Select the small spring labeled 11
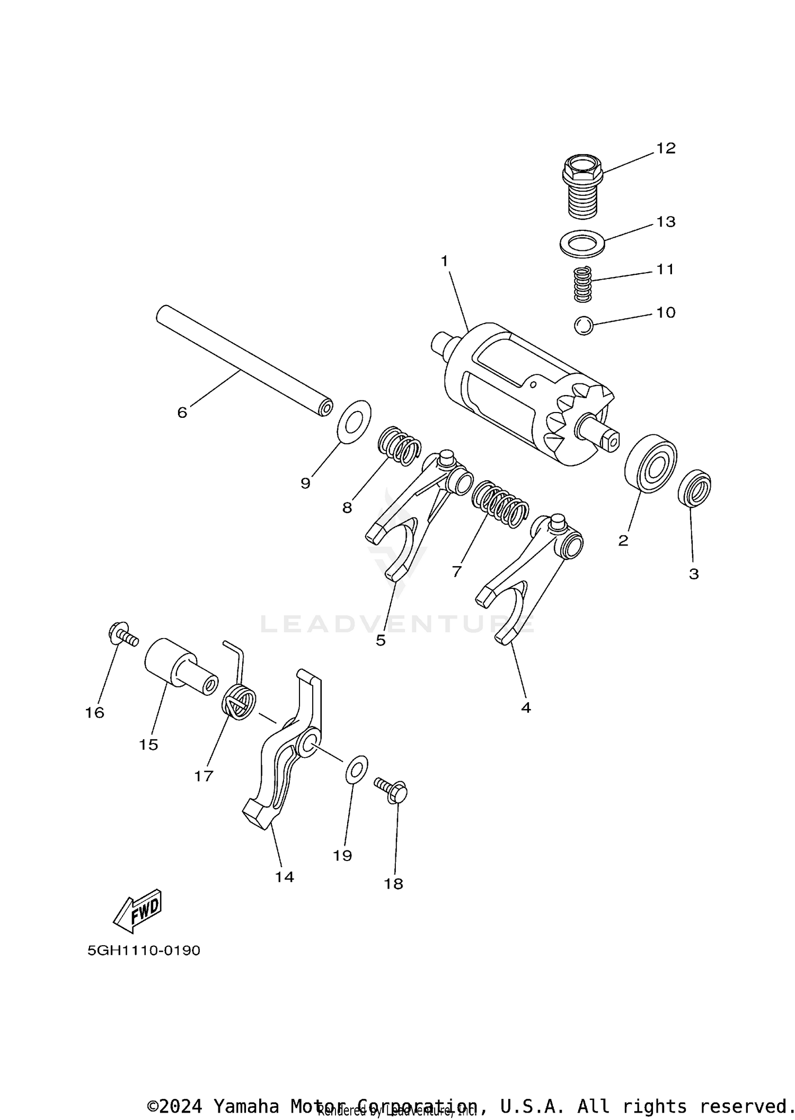pyautogui.click(x=582, y=284)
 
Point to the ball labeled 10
pyautogui.click(x=583, y=325)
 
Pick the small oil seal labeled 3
pyautogui.click(x=694, y=488)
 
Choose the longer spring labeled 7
pyautogui.click(x=500, y=505)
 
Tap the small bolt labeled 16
pyautogui.click(x=122, y=634)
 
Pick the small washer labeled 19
pyautogui.click(x=357, y=769)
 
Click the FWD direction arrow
pyautogui.click(x=137, y=910)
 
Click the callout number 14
pyautogui.click(x=284, y=877)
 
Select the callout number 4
pyautogui.click(x=525, y=707)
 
